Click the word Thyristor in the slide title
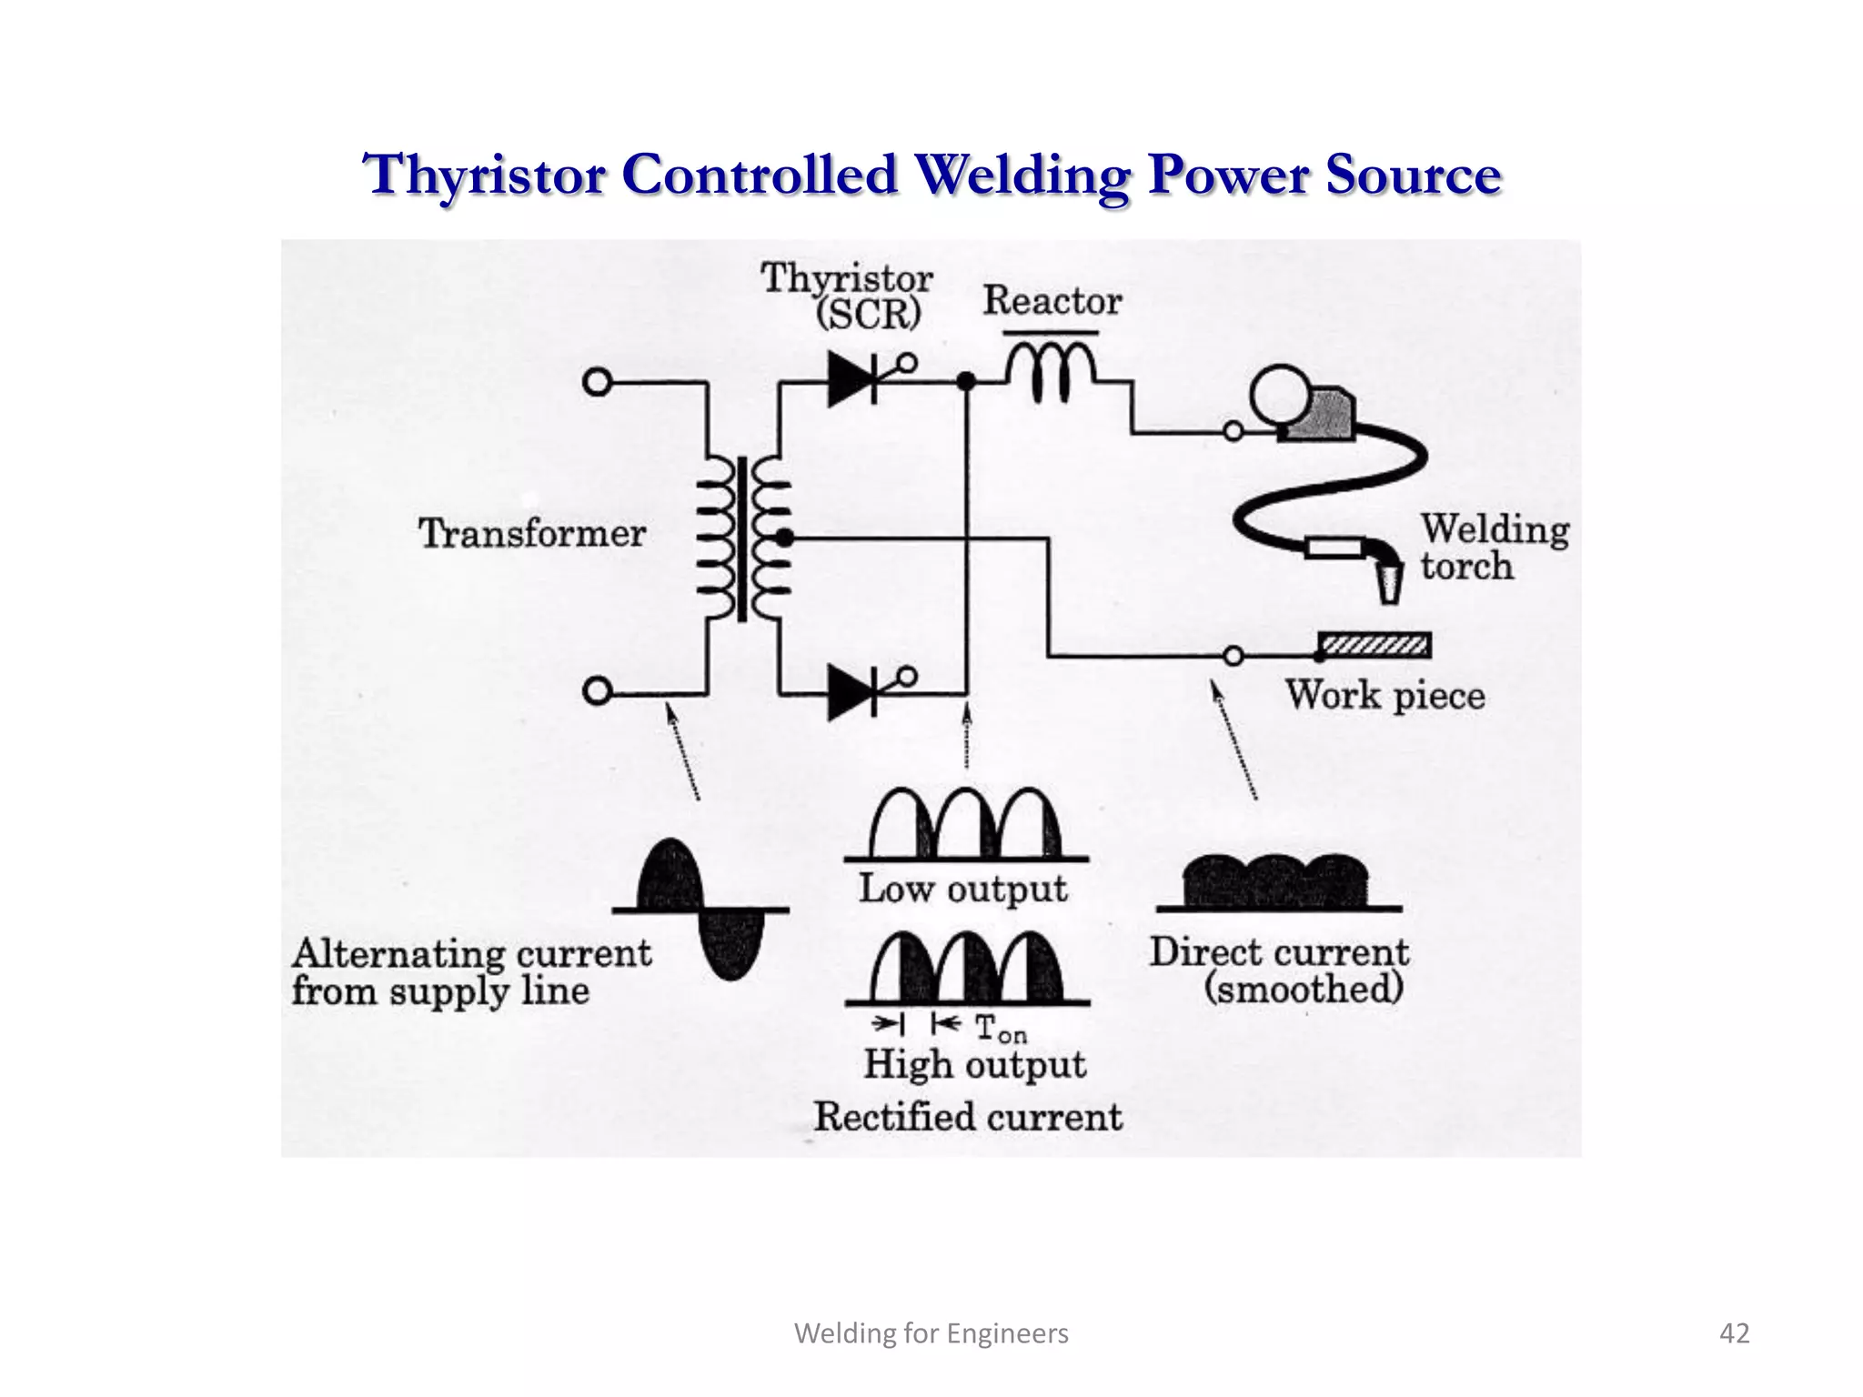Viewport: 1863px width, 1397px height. (484, 176)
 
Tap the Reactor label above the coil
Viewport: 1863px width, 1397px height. (1052, 301)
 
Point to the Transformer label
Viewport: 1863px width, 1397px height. (532, 533)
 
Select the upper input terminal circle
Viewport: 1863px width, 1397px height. (597, 382)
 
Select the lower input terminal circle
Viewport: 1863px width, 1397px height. (597, 692)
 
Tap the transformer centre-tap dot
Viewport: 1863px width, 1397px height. (784, 538)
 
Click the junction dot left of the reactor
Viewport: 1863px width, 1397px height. (966, 382)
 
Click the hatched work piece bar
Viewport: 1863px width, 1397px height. (1375, 646)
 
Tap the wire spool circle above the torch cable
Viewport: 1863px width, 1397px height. (1279, 394)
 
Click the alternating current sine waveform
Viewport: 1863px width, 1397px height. (700, 910)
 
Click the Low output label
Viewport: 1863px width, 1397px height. (962, 889)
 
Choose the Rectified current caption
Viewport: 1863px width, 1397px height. (968, 1117)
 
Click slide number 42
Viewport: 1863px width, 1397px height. (1734, 1333)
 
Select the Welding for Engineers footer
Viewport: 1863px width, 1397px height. (931, 1333)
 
